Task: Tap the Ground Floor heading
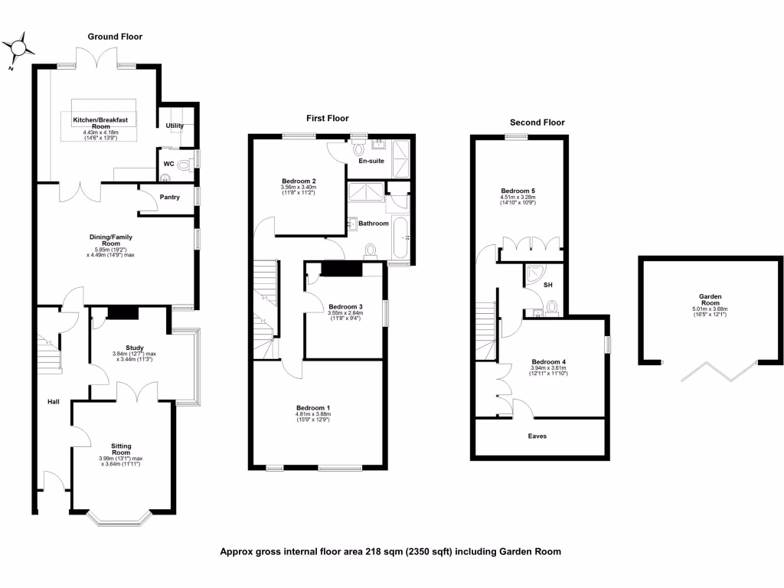115,36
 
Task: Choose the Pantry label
170,197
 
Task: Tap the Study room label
124,347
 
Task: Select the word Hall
53,401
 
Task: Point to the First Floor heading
327,118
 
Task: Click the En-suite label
371,162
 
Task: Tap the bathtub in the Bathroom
402,237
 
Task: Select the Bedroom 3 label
345,306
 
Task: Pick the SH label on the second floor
548,285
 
